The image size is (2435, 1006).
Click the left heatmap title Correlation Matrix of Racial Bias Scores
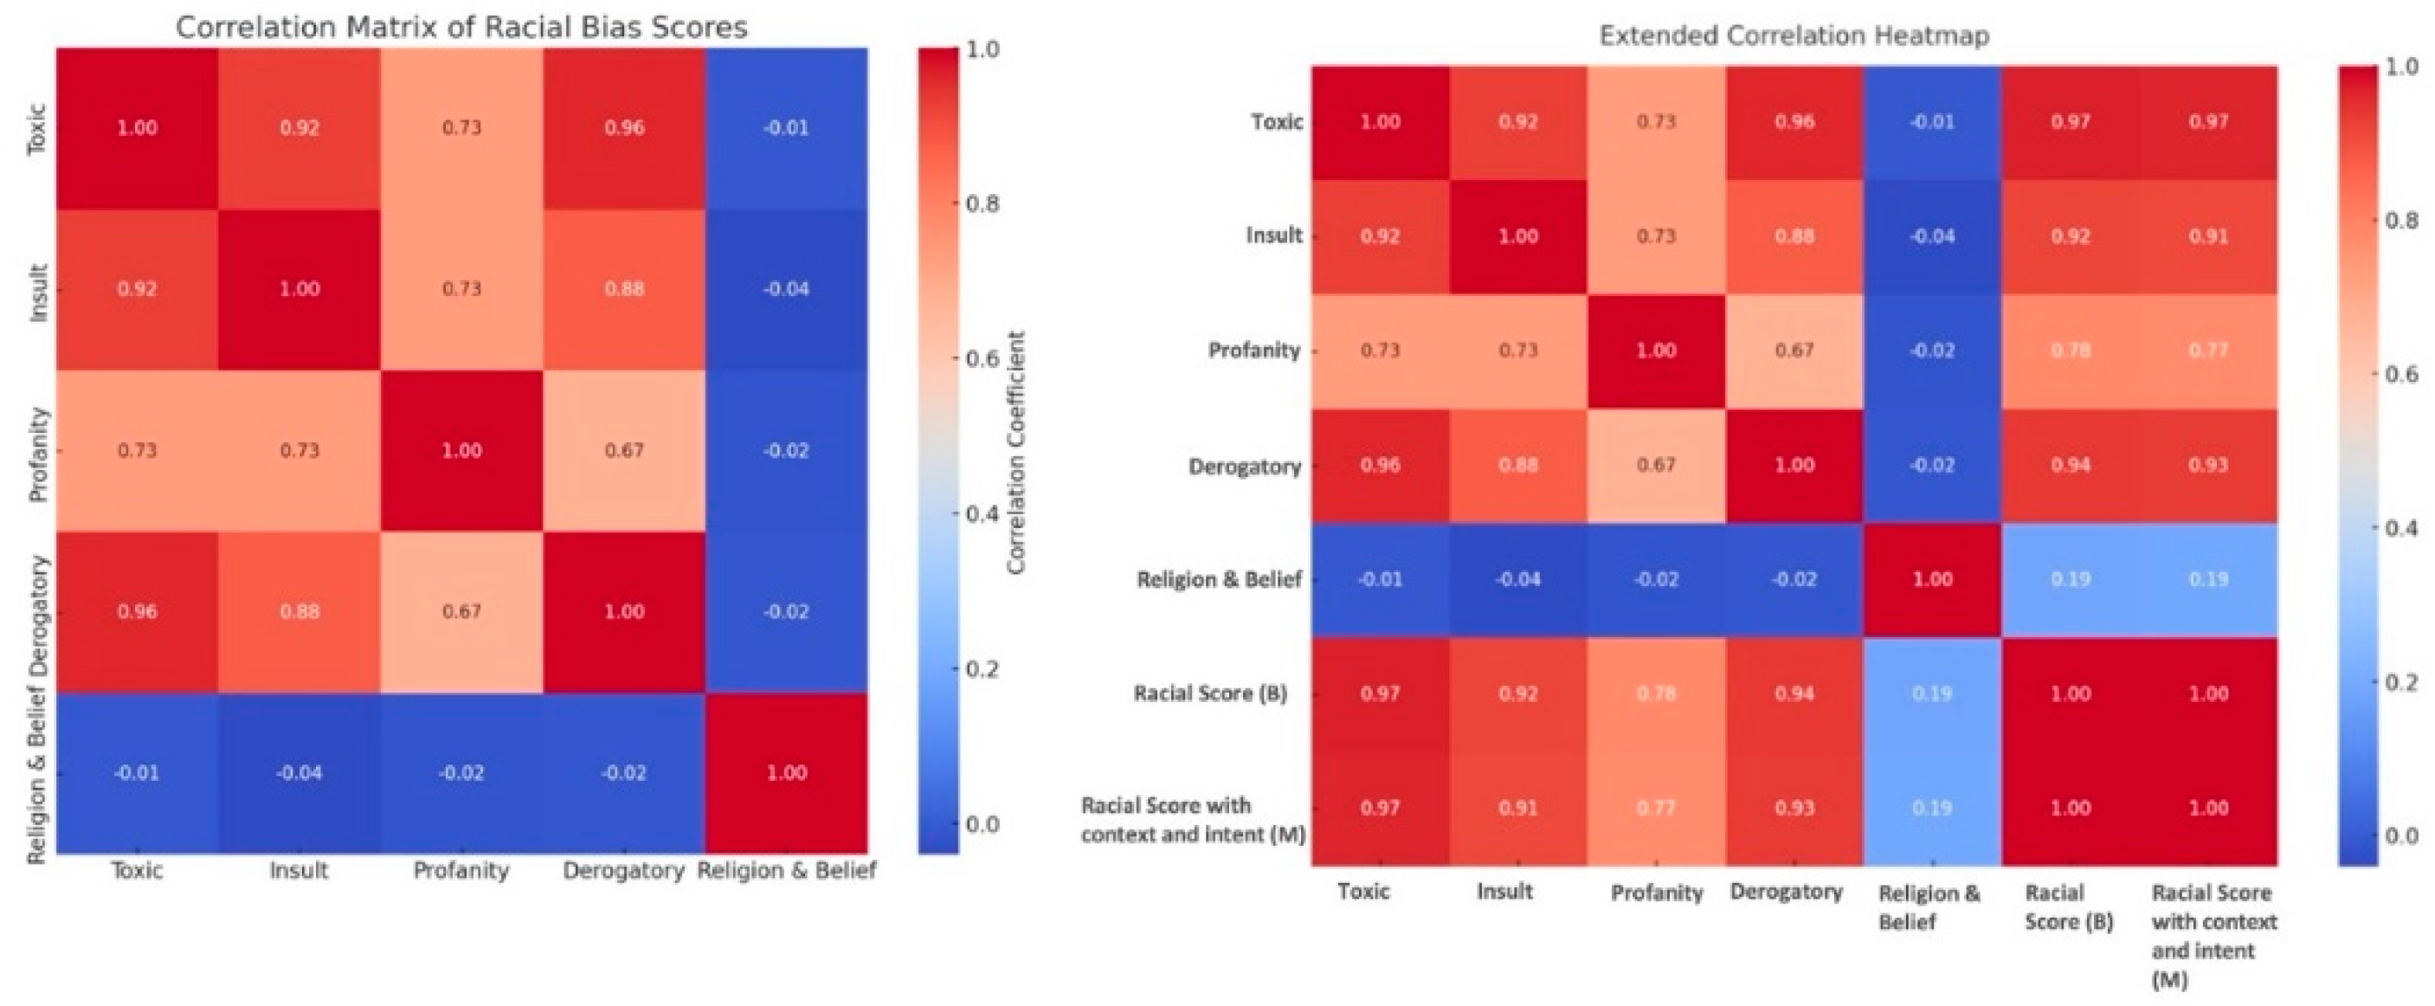coord(461,27)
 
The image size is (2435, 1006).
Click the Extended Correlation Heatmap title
coord(1794,36)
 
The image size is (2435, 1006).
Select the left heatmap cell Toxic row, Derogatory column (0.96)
coord(624,127)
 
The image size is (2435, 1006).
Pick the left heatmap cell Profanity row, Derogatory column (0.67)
coord(624,450)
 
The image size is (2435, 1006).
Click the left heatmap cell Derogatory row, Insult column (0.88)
coord(299,612)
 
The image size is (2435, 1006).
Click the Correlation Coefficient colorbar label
coord(1016,452)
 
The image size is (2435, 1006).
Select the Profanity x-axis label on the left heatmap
coord(461,871)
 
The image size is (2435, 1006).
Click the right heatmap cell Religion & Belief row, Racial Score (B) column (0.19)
coord(2070,579)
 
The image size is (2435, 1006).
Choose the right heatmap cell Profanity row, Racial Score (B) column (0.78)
coord(2070,351)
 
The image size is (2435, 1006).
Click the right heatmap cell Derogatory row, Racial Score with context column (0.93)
coord(2208,465)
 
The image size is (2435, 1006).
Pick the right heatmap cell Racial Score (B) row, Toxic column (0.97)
coord(1380,694)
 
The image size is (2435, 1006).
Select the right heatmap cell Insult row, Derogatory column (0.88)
coord(1794,236)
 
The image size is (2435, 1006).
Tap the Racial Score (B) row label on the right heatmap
coord(1210,694)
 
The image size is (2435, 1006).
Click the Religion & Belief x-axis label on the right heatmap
coord(1929,906)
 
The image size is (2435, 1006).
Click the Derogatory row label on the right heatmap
coord(1244,466)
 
